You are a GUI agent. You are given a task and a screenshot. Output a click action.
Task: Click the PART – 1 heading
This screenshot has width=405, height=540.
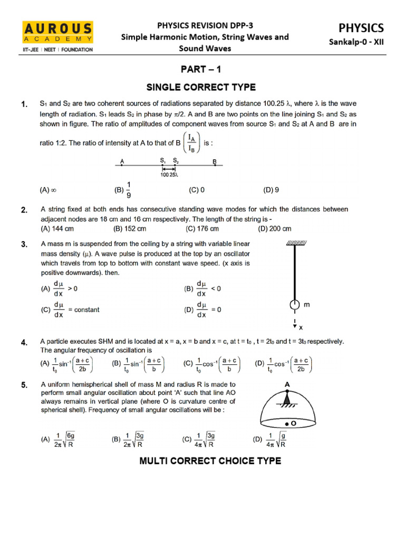(x=202, y=69)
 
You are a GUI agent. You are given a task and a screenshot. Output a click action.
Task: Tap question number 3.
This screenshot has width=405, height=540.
(x=24, y=244)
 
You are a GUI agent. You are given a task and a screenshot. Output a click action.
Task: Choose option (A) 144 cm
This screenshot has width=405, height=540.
(x=57, y=229)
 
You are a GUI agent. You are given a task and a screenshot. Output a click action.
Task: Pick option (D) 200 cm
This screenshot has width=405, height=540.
(x=274, y=229)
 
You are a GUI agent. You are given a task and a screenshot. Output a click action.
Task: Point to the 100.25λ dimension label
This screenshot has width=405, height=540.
(x=169, y=175)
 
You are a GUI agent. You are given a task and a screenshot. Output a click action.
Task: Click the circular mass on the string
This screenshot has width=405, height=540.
(x=294, y=305)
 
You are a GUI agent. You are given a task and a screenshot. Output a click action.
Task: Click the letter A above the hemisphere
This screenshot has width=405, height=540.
(x=287, y=385)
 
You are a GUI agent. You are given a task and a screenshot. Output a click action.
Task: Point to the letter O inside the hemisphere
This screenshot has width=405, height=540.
(x=292, y=423)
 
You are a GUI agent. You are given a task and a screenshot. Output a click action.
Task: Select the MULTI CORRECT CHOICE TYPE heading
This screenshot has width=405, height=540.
(x=210, y=461)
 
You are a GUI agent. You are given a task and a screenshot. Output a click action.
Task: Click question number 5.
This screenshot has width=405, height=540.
(x=24, y=385)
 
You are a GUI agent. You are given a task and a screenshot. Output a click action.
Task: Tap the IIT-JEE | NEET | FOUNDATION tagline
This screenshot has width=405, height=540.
(x=58, y=50)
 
